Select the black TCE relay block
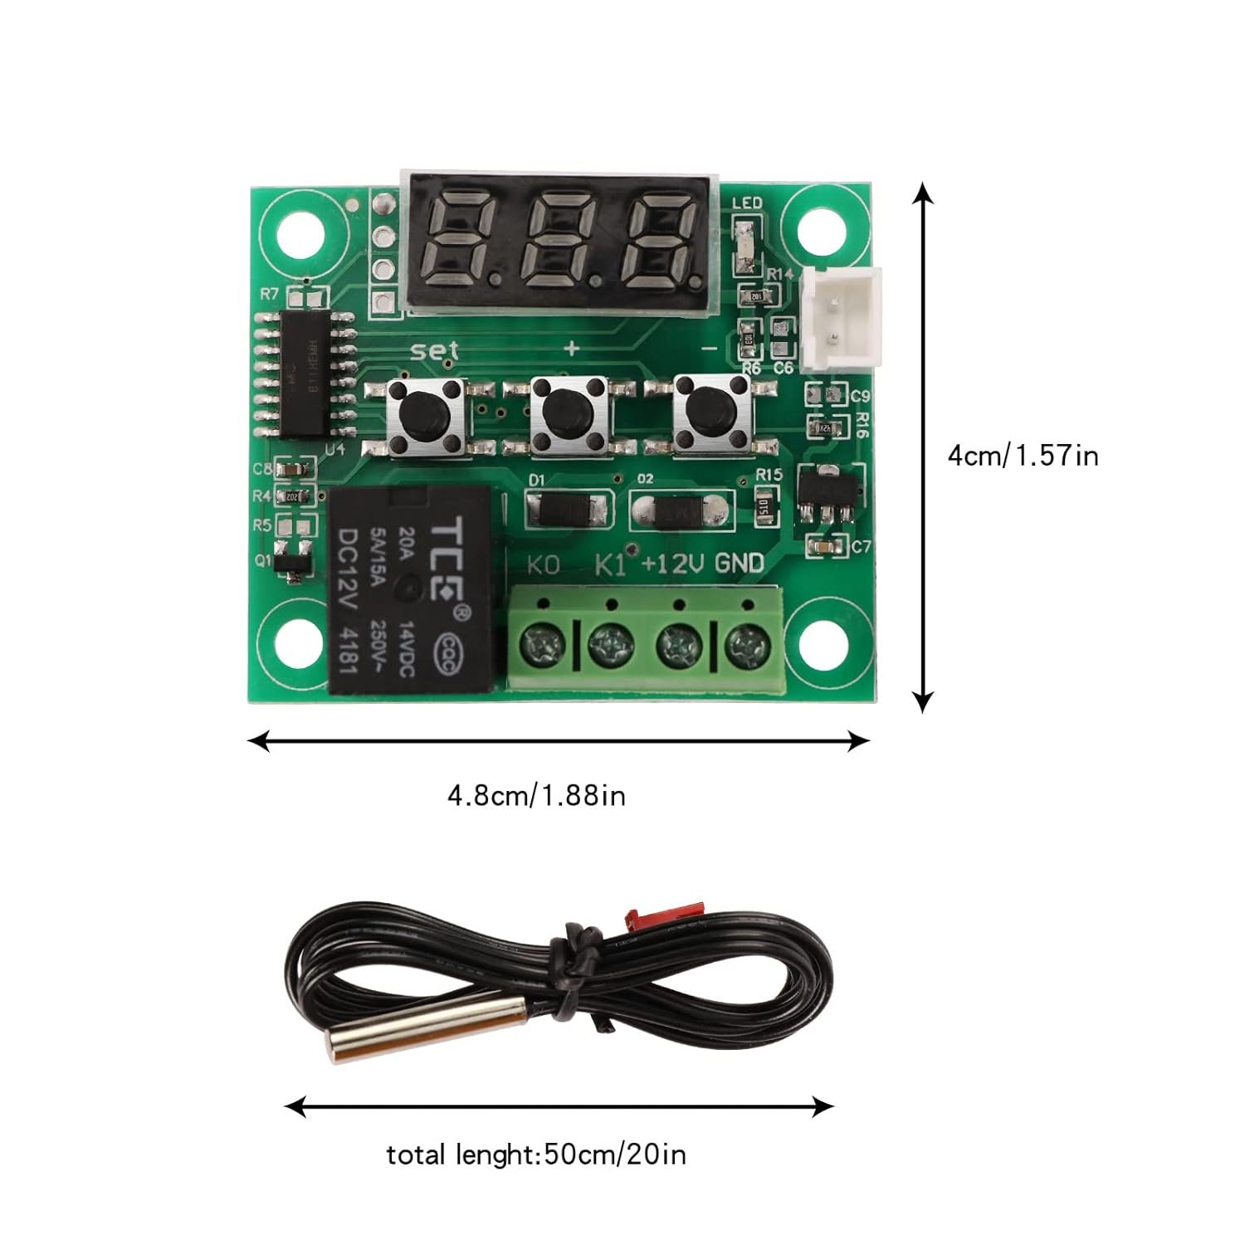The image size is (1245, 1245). tap(413, 589)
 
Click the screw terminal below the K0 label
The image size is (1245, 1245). tap(544, 642)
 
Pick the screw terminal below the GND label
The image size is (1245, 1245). tap(747, 642)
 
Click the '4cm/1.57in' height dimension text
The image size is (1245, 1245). tap(1023, 456)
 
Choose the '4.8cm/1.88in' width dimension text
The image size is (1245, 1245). tap(536, 796)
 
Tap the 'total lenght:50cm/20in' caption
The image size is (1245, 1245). tap(536, 1155)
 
